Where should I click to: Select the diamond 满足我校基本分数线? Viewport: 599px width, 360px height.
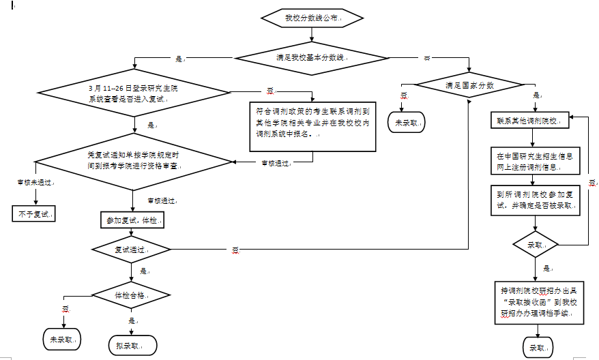311,59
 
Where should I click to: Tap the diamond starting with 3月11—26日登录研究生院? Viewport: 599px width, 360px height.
133,93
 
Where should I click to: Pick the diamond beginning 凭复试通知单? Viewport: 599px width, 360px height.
133,162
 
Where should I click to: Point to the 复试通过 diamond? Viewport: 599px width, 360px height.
131,250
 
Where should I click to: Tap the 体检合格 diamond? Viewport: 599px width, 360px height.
131,295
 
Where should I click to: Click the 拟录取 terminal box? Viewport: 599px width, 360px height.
132,345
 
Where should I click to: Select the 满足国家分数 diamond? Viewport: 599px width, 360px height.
469,86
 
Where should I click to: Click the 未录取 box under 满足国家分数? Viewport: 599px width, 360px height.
405,123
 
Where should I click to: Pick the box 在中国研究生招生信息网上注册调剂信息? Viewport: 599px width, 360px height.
535,162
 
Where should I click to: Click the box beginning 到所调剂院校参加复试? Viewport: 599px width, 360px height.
535,199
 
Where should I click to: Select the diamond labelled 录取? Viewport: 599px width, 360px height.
535,243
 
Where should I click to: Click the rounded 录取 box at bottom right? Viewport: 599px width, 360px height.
538,347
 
